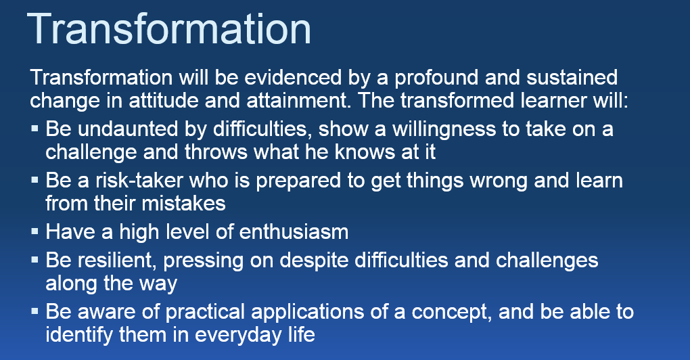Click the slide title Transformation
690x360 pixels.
(x=169, y=28)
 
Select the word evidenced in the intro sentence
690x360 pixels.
(x=293, y=77)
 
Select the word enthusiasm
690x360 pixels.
(x=294, y=231)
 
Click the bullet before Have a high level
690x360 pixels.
(x=34, y=231)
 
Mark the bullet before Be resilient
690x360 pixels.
(x=34, y=260)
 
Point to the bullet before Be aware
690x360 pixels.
(x=34, y=311)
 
